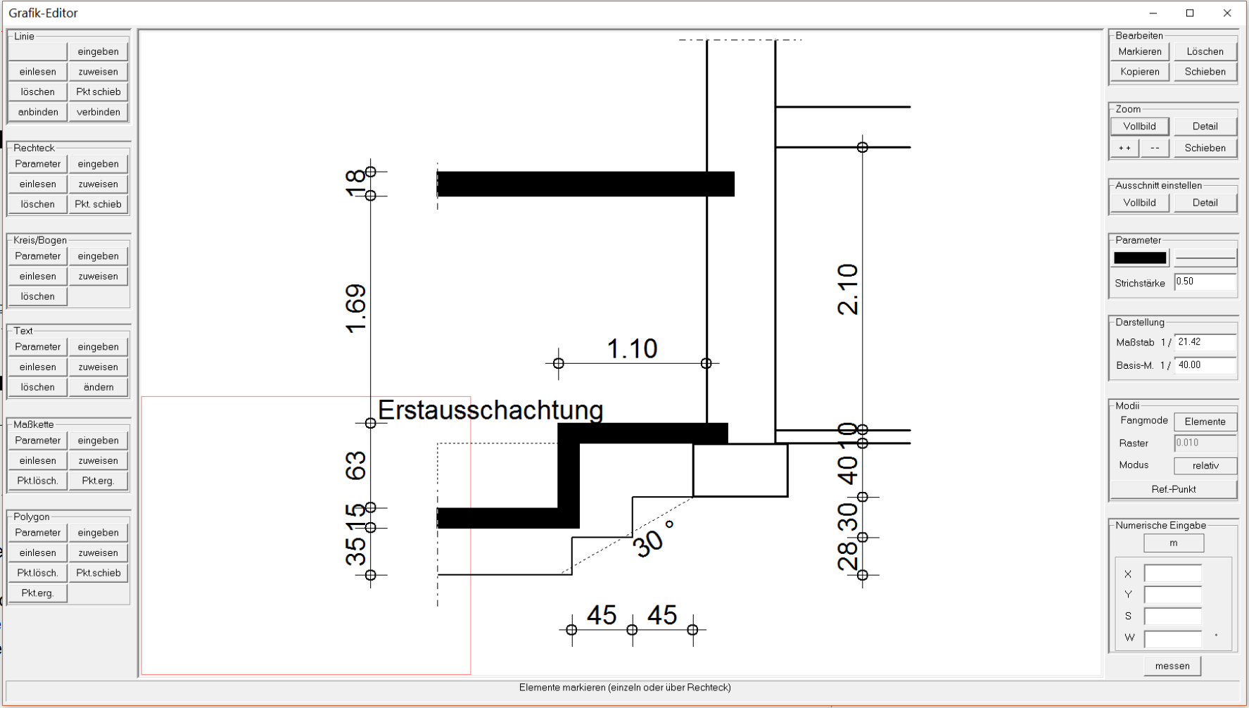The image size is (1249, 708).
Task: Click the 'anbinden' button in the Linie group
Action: (x=38, y=112)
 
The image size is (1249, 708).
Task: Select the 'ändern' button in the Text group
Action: (x=99, y=387)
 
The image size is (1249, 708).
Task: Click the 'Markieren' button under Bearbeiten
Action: (x=1140, y=51)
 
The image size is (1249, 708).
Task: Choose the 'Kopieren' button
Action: (x=1140, y=72)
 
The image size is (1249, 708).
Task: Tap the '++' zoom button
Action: (x=1124, y=148)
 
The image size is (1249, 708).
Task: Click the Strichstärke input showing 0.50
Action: (x=1205, y=282)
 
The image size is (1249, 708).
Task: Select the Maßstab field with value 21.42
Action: (x=1205, y=343)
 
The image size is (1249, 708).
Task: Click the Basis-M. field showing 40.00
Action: (x=1205, y=365)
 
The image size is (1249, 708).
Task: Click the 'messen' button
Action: (x=1172, y=666)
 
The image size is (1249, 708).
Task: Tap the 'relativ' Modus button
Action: (x=1205, y=466)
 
